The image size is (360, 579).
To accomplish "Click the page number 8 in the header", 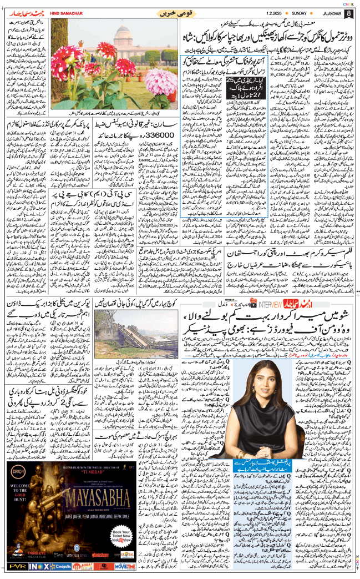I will pos(348,12).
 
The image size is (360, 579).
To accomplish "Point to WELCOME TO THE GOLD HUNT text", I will pos(20,516).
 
